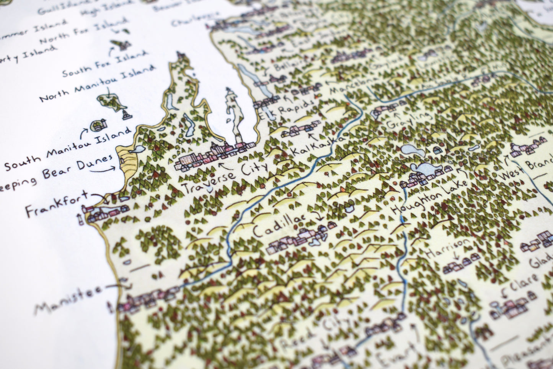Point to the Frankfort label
point(56,207)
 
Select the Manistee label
point(69,301)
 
